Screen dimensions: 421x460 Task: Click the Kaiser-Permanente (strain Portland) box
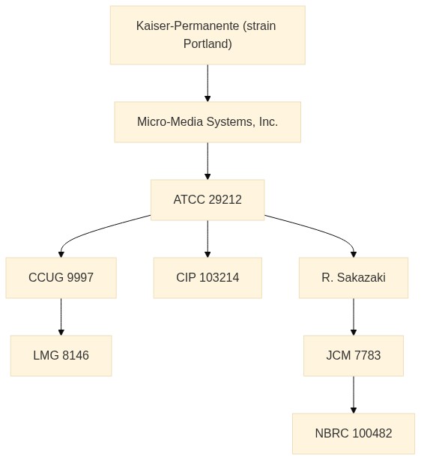click(208, 35)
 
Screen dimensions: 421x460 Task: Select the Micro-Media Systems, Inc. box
click(208, 122)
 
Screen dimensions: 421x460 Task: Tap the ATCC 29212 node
click(208, 200)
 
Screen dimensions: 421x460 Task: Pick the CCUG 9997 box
click(61, 278)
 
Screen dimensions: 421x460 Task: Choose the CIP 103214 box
click(208, 278)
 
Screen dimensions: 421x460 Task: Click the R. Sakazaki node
click(354, 278)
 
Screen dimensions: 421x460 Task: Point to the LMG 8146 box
click(61, 356)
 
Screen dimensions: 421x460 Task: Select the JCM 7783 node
click(354, 356)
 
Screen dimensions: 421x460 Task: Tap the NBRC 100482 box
click(354, 434)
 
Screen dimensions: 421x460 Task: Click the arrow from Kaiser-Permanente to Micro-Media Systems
click(208, 83)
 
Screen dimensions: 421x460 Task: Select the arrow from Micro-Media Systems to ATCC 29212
click(208, 161)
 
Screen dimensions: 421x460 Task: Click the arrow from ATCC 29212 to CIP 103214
click(208, 239)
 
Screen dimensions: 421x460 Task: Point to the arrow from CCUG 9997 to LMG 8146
click(61, 317)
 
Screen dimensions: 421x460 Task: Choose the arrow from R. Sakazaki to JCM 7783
click(354, 317)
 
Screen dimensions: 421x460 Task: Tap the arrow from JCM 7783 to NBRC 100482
click(354, 395)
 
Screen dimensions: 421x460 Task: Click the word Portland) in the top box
click(208, 44)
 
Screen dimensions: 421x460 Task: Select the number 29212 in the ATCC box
click(225, 200)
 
